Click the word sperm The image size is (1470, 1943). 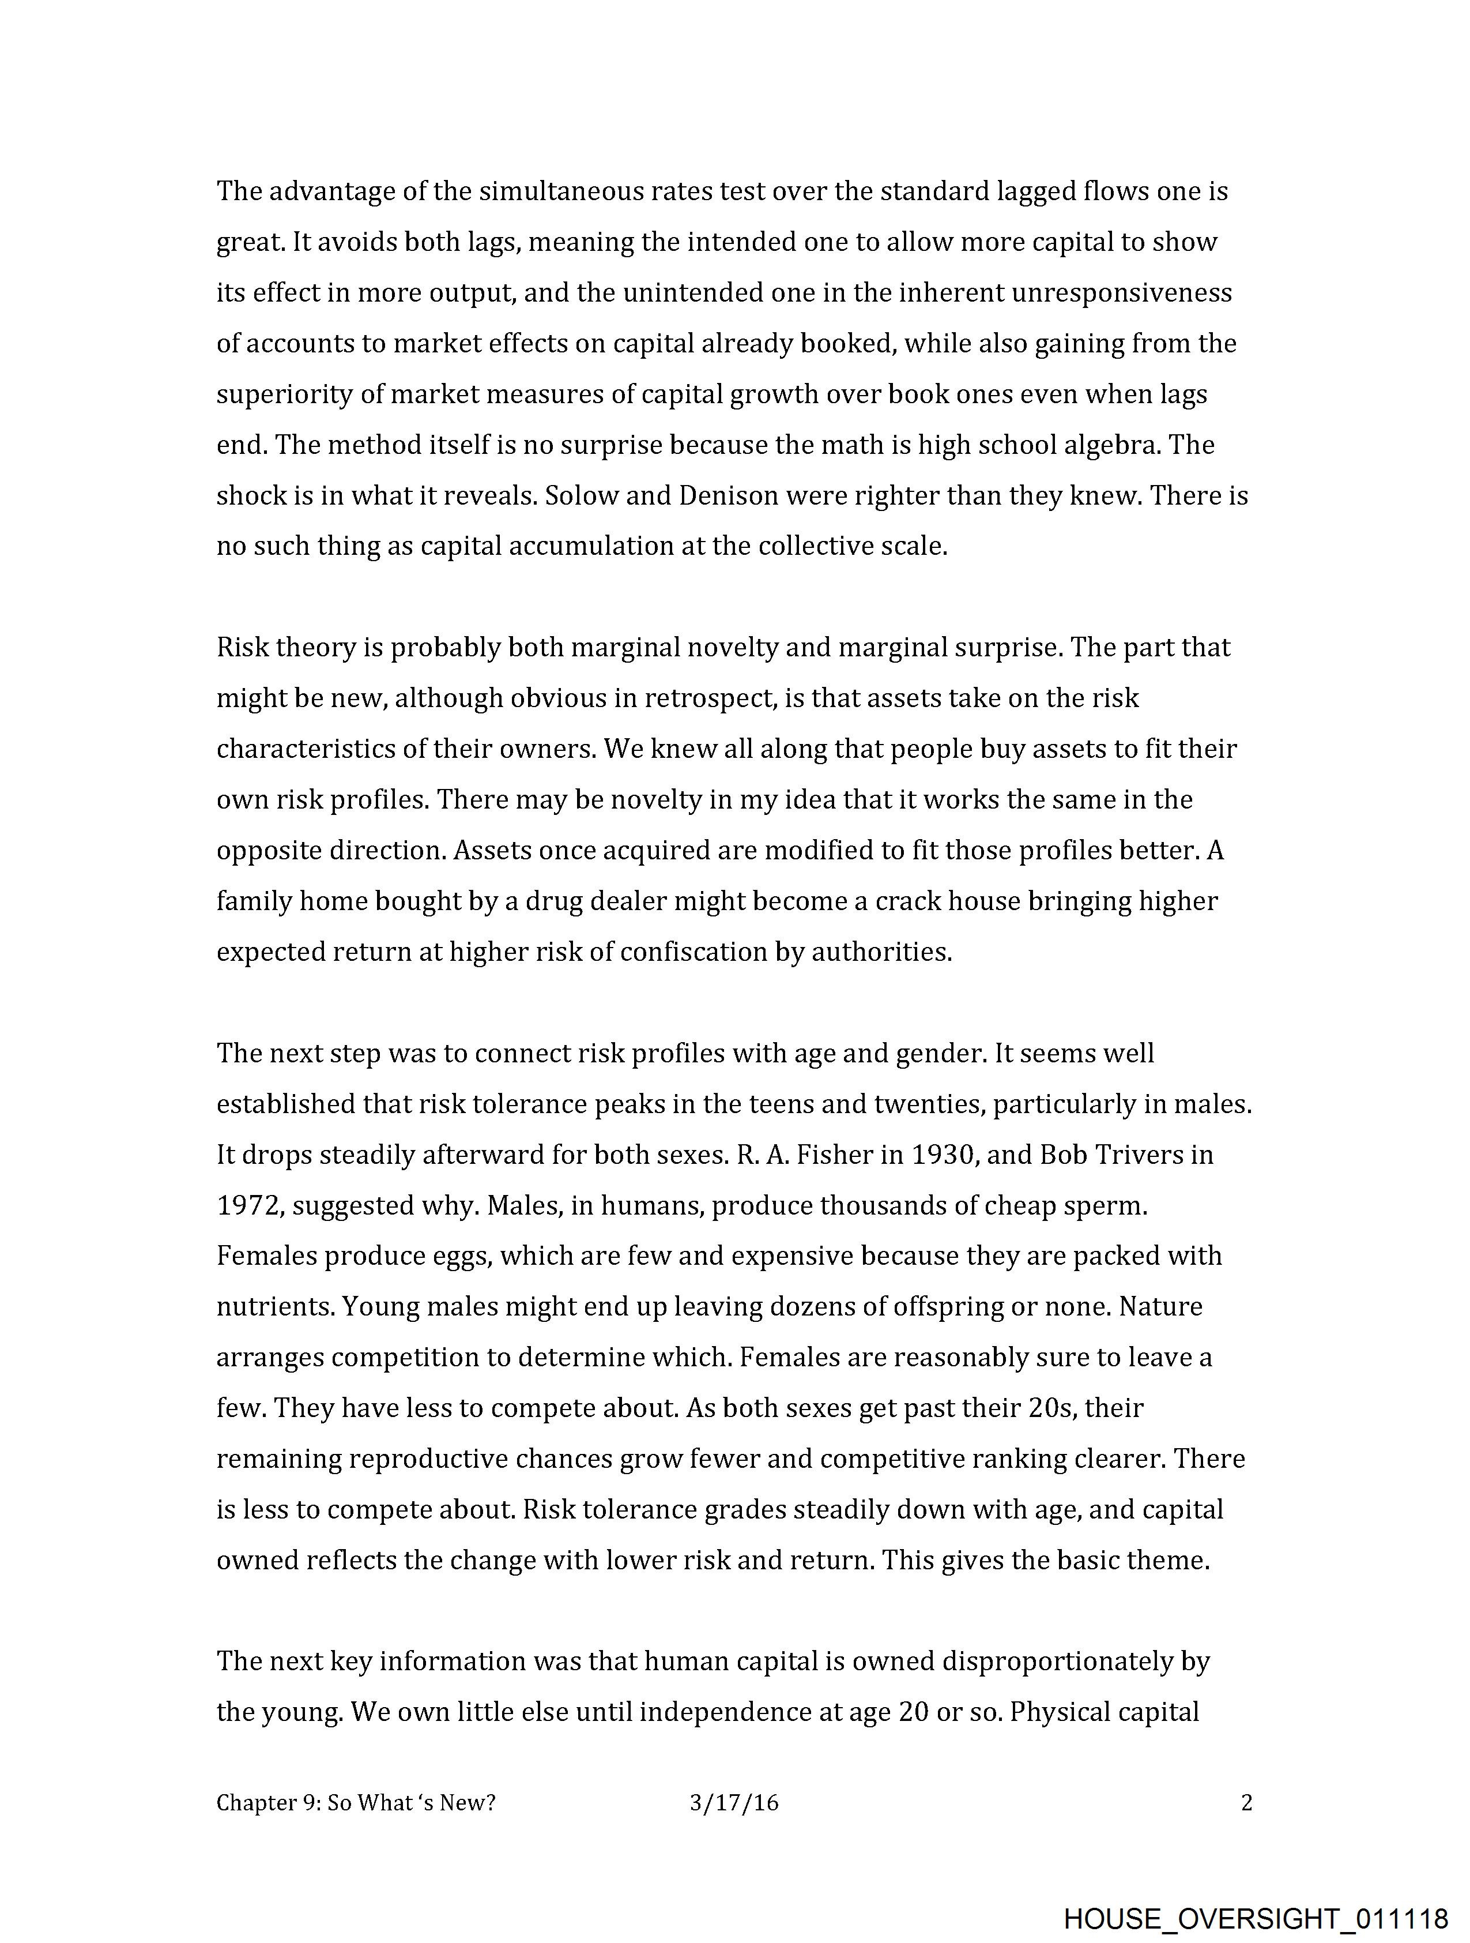coord(1108,1205)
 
